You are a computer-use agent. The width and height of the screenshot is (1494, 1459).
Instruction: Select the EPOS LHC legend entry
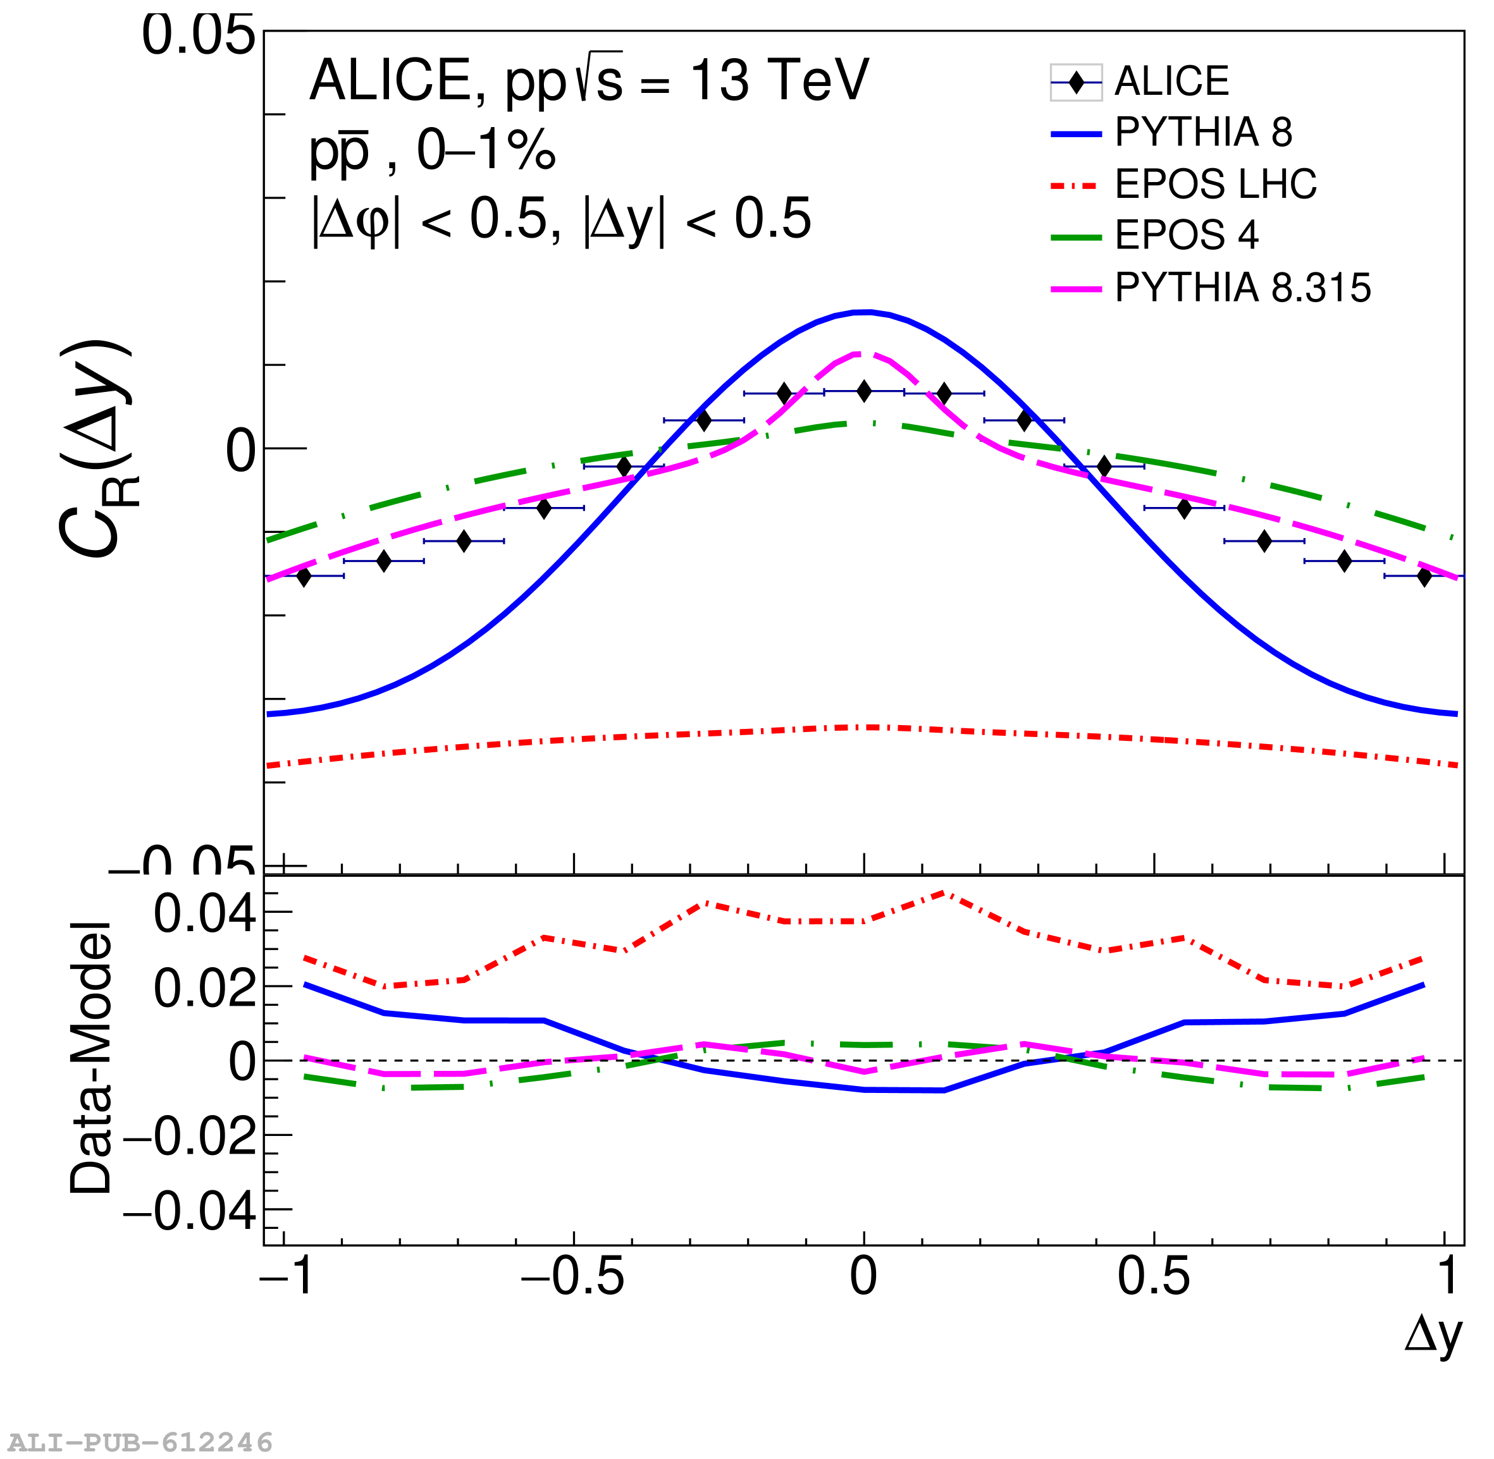click(x=1214, y=184)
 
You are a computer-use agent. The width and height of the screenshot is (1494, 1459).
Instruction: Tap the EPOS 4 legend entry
click(x=1185, y=235)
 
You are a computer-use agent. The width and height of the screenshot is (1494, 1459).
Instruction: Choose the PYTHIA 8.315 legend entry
click(x=1241, y=288)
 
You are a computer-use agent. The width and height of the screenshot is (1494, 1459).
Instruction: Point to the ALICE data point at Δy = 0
click(x=864, y=391)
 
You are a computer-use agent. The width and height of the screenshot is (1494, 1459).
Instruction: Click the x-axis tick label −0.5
click(x=572, y=1278)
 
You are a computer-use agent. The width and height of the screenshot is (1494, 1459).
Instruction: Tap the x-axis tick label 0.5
click(x=1154, y=1278)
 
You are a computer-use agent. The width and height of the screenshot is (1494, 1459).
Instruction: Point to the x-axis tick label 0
click(x=864, y=1278)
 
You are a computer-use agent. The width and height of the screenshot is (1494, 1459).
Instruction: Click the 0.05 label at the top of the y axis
click(x=199, y=36)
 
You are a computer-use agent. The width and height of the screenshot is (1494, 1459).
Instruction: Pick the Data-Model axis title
click(x=91, y=1058)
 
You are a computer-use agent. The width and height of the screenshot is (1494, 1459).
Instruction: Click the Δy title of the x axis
click(x=1433, y=1336)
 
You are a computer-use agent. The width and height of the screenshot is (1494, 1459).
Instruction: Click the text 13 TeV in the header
click(x=779, y=80)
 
